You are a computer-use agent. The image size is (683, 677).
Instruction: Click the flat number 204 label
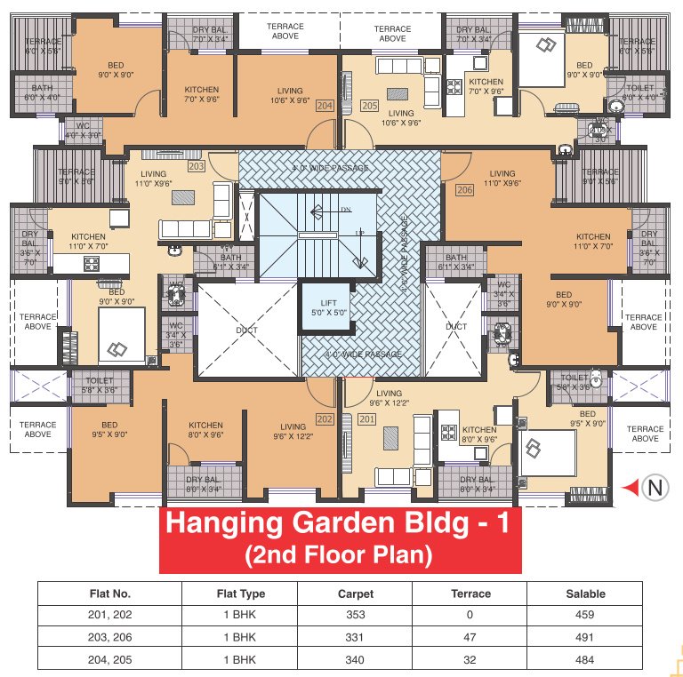click(324, 106)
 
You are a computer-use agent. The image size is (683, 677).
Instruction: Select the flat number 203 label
click(196, 166)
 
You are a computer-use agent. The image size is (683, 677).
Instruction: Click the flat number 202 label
click(324, 418)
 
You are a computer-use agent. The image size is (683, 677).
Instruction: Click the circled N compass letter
click(655, 487)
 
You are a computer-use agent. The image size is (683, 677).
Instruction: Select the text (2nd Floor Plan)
click(338, 556)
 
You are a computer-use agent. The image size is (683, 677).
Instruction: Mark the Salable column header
click(584, 593)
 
